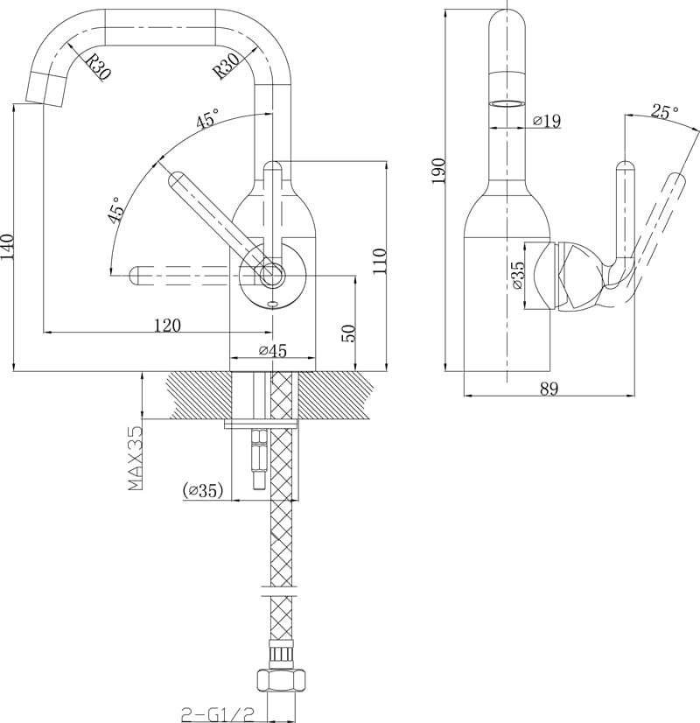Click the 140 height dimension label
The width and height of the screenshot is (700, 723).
(x=8, y=247)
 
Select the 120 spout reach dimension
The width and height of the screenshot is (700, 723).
(x=167, y=326)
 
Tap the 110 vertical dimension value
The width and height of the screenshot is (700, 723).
(x=380, y=260)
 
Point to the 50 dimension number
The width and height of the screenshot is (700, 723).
(x=348, y=333)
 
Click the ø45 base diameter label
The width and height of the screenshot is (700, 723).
(x=273, y=351)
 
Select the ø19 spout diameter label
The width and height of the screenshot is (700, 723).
(x=546, y=122)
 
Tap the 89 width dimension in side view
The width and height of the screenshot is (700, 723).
(x=549, y=389)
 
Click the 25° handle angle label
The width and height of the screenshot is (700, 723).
(x=664, y=112)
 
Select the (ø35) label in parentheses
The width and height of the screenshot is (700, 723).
(x=202, y=492)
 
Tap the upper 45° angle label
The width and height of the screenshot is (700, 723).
(x=208, y=120)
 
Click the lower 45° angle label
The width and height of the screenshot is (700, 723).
(x=115, y=211)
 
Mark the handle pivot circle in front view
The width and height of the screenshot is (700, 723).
(x=271, y=274)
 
